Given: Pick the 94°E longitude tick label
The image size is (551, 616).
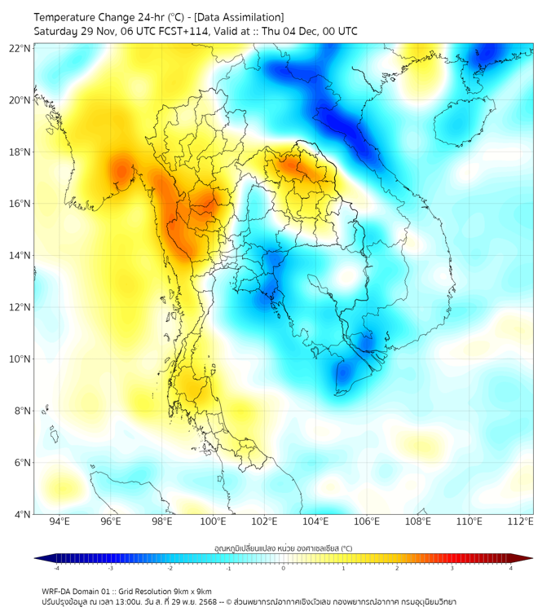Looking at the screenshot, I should (x=60, y=521).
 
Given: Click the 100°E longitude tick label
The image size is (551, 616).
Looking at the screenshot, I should (x=213, y=521).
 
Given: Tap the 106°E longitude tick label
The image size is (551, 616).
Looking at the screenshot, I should (x=367, y=521).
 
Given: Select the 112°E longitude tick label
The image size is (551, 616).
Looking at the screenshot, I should (x=520, y=521).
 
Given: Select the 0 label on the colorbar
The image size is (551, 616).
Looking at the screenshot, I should (x=284, y=568).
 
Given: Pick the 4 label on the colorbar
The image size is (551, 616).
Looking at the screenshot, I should (x=510, y=568).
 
